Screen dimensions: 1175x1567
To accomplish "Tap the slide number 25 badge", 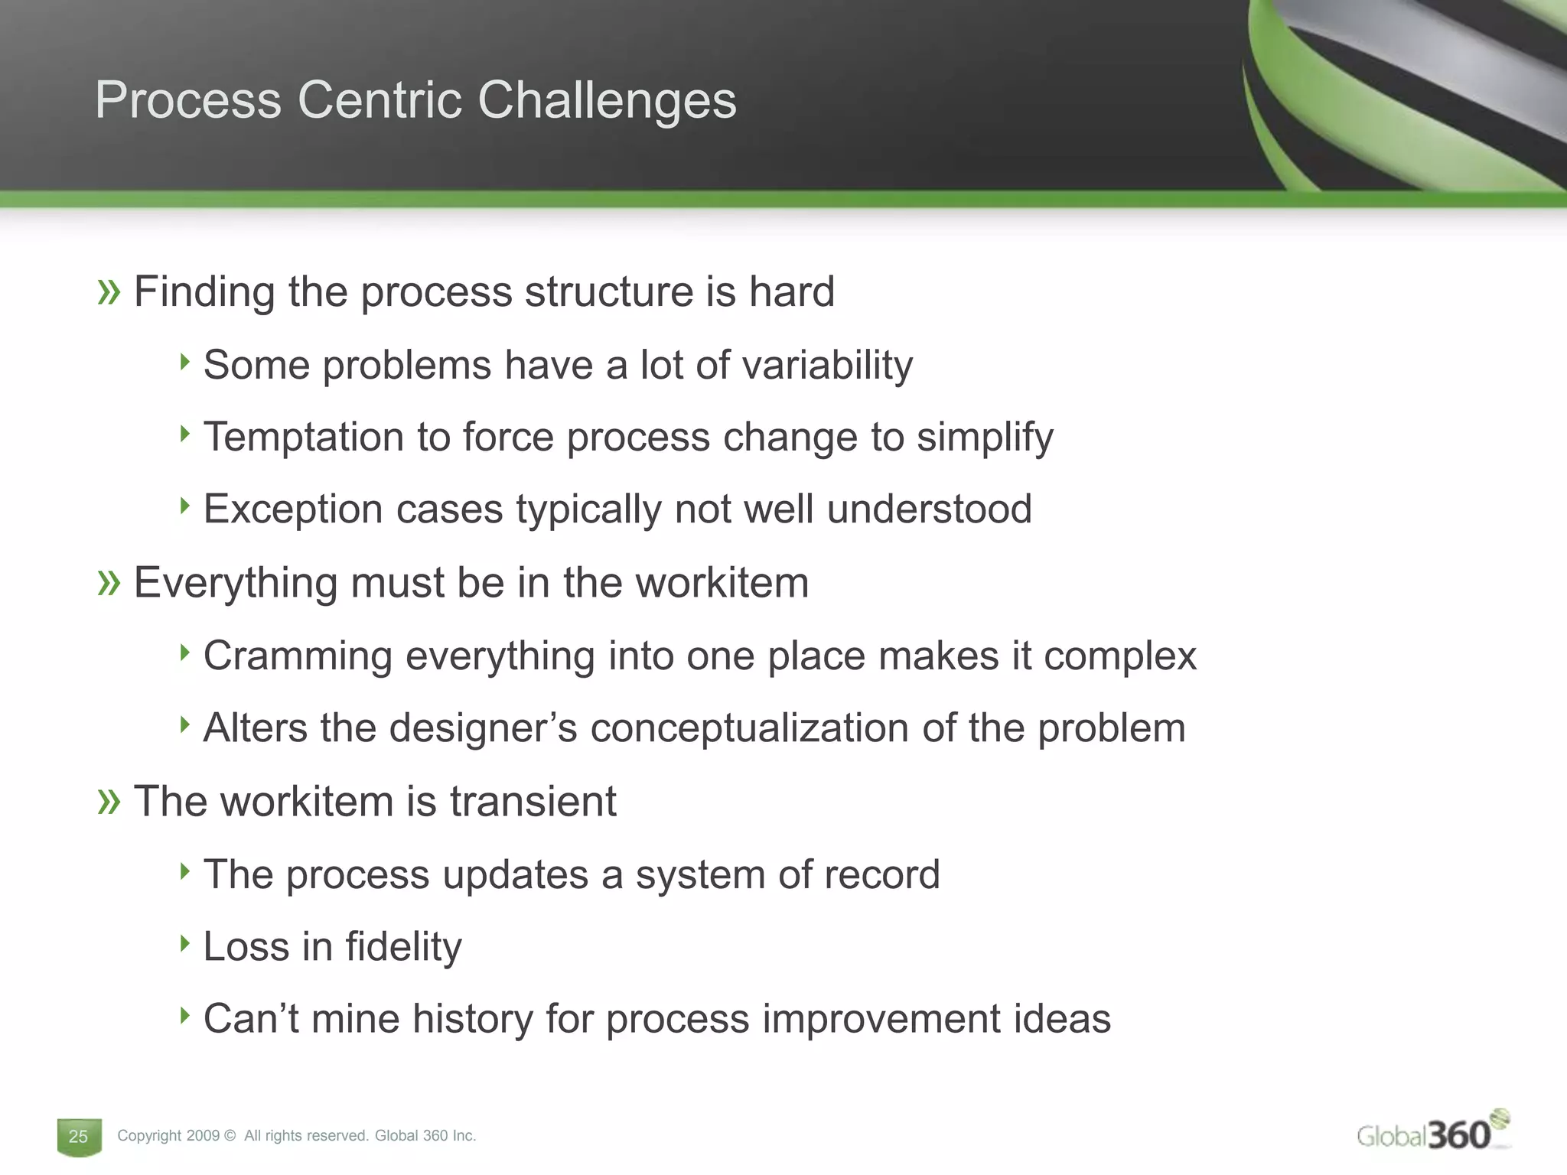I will coord(79,1136).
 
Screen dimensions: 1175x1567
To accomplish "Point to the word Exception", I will coord(292,509).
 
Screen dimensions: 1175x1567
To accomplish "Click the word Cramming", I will coord(298,656).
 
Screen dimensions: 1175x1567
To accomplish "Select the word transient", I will coord(533,802).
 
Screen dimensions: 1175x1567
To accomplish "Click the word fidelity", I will coord(403,947).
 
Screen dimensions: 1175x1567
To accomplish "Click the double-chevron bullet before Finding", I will coord(109,292).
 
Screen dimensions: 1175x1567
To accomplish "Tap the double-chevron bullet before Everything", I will coord(109,584).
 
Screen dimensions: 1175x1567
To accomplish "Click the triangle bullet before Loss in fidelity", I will coord(184,943).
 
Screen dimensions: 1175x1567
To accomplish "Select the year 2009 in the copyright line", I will coord(203,1136).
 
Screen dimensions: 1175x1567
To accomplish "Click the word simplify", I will coord(985,438).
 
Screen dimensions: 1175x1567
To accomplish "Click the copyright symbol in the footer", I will coord(230,1136).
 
